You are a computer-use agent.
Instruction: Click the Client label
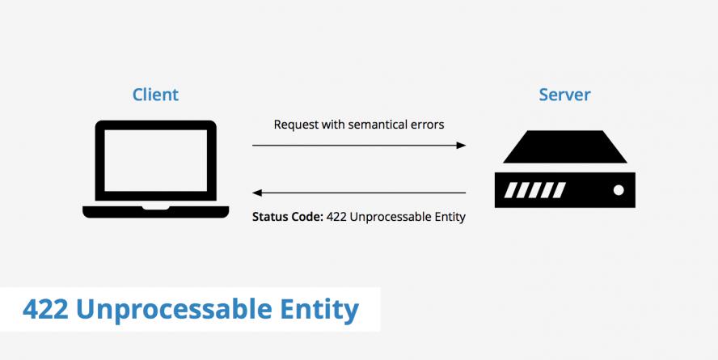tap(155, 95)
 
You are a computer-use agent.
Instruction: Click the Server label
tap(564, 95)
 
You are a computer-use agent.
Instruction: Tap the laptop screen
tap(155, 160)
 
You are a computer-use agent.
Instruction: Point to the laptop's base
tap(155, 211)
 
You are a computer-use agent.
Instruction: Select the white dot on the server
tap(619, 190)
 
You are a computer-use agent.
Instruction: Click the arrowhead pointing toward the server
tap(461, 146)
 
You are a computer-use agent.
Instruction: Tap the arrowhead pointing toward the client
tap(258, 193)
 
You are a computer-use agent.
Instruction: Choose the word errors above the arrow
tap(426, 125)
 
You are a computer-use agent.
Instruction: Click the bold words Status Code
tap(288, 217)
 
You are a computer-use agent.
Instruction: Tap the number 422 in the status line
tap(337, 217)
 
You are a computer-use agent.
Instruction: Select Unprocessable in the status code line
tap(391, 217)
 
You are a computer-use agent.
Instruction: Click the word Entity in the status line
tap(450, 217)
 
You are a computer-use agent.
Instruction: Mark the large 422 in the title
tap(44, 309)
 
